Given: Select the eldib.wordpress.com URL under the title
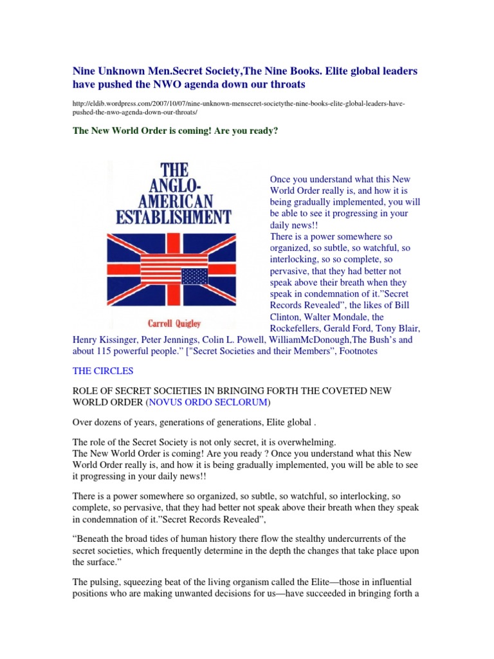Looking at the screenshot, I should click(x=238, y=107).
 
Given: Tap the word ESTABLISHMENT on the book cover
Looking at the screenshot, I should click(x=173, y=216).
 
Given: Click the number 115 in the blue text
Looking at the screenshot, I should click(x=110, y=351).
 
